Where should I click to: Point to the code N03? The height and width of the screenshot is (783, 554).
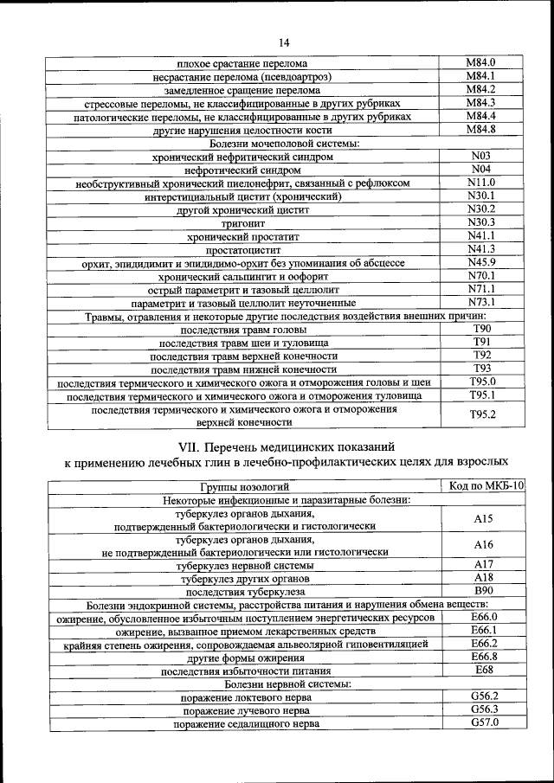(480, 156)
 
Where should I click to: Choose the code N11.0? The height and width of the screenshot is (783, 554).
(480, 183)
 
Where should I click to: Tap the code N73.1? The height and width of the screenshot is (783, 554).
(480, 303)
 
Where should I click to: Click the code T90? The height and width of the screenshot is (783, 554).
(481, 330)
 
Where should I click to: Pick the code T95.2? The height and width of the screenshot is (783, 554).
(481, 414)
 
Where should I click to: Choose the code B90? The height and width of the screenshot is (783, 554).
(483, 590)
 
